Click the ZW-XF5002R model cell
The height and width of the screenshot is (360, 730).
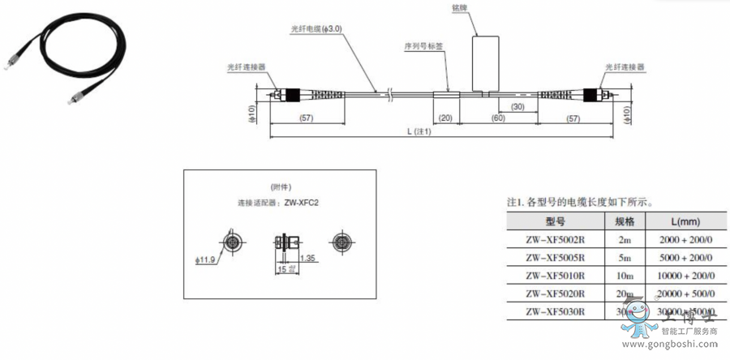point(555,239)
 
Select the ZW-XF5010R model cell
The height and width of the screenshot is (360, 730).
point(555,276)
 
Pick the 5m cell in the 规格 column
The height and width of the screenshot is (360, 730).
point(624,258)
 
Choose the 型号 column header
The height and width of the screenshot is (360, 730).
point(555,221)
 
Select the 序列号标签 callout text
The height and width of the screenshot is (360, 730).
point(423,46)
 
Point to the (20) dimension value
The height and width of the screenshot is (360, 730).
point(445,118)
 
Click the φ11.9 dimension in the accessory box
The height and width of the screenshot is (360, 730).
point(207,259)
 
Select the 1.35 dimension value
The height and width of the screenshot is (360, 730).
point(307,258)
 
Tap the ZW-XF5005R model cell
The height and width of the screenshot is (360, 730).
point(555,258)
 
